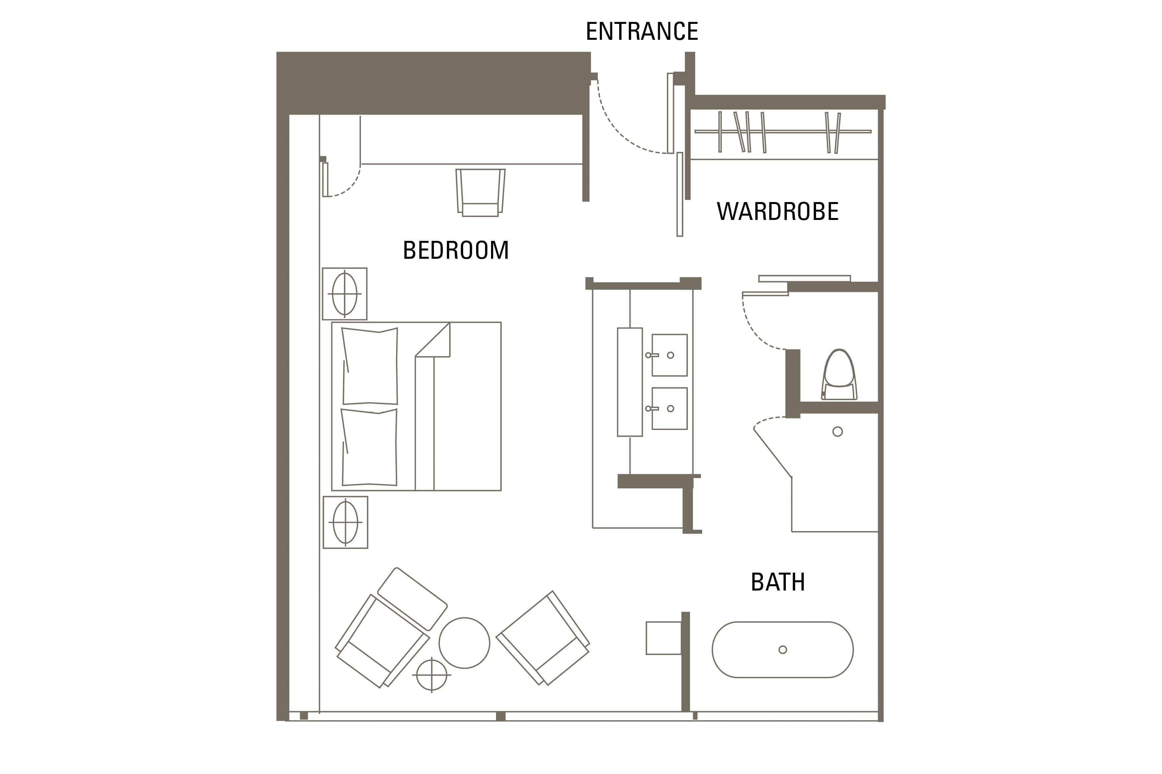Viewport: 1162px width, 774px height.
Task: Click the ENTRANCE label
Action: (x=641, y=31)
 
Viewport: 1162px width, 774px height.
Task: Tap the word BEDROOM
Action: (x=455, y=250)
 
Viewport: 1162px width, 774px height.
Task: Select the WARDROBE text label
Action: (x=777, y=211)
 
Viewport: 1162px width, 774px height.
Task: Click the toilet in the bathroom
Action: (x=839, y=375)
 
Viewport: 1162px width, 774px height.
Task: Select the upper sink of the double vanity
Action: (x=669, y=355)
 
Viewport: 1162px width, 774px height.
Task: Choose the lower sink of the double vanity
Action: (x=669, y=408)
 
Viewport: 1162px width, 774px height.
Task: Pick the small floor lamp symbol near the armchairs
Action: (x=432, y=675)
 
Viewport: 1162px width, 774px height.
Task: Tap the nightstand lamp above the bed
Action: (x=344, y=294)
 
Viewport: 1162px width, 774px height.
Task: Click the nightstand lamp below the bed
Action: (x=345, y=522)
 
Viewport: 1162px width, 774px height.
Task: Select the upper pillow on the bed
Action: (x=370, y=366)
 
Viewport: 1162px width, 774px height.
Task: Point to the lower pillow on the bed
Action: (x=369, y=447)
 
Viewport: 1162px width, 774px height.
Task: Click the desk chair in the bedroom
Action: (x=480, y=192)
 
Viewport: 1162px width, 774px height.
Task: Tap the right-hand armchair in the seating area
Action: (x=543, y=638)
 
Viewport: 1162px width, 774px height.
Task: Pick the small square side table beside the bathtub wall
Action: (x=663, y=638)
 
